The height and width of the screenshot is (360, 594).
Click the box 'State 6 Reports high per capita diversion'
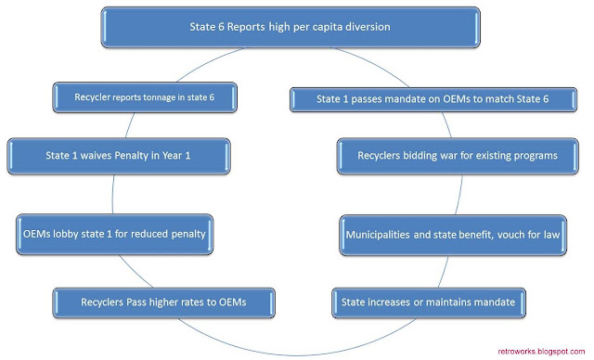[291, 27]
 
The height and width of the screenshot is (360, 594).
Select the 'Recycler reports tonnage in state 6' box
[145, 97]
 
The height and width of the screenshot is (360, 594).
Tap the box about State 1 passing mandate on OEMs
[433, 99]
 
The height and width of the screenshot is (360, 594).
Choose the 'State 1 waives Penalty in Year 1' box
[119, 156]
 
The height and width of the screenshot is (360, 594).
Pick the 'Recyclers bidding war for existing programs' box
[458, 156]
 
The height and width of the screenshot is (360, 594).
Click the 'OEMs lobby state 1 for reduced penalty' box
[114, 235]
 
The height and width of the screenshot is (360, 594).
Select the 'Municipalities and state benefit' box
[453, 235]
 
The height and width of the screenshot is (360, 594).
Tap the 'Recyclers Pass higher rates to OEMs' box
[163, 302]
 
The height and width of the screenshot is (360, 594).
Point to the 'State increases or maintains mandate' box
[429, 302]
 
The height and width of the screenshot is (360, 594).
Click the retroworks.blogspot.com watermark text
[541, 352]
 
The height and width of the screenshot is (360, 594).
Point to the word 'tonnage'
[160, 97]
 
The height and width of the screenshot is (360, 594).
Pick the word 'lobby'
[66, 234]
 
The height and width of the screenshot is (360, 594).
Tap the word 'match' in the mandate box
[499, 99]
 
